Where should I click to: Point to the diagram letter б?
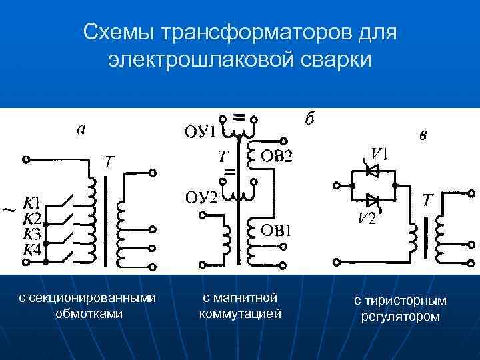pyautogui.click(x=309, y=119)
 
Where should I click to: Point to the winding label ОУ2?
pyautogui.click(x=201, y=198)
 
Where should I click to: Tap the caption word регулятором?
pyautogui.click(x=401, y=316)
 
